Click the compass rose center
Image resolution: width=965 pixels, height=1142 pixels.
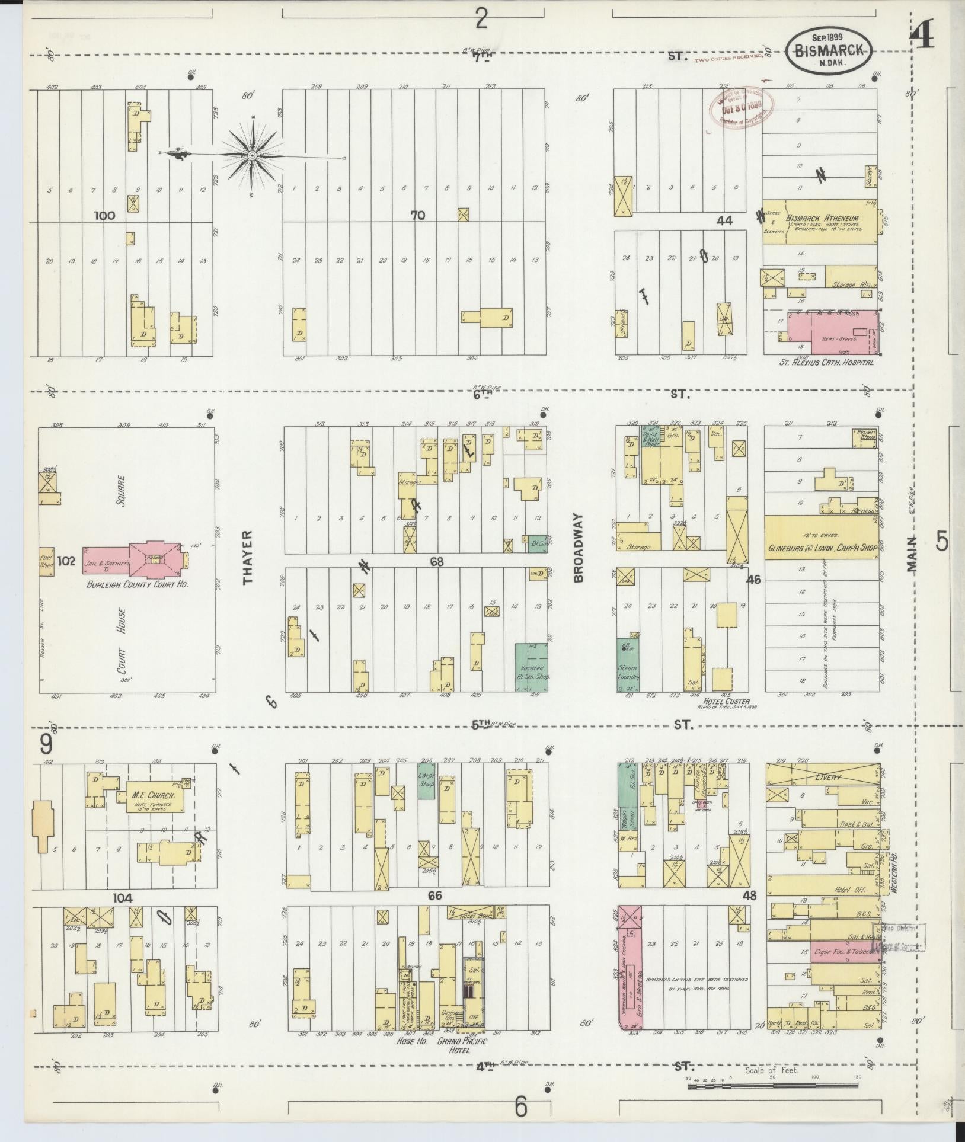[252, 155]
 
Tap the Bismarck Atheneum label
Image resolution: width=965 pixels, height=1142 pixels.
[825, 217]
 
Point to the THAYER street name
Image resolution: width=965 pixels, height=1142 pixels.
[248, 556]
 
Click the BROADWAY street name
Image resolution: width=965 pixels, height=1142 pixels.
[579, 548]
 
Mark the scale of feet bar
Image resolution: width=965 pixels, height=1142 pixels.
[772, 1086]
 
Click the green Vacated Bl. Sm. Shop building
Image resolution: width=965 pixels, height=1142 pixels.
[531, 667]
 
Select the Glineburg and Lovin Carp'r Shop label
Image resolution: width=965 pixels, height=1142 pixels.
[822, 549]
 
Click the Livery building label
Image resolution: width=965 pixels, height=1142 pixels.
[827, 777]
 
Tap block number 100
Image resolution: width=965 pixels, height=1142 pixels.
[104, 216]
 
